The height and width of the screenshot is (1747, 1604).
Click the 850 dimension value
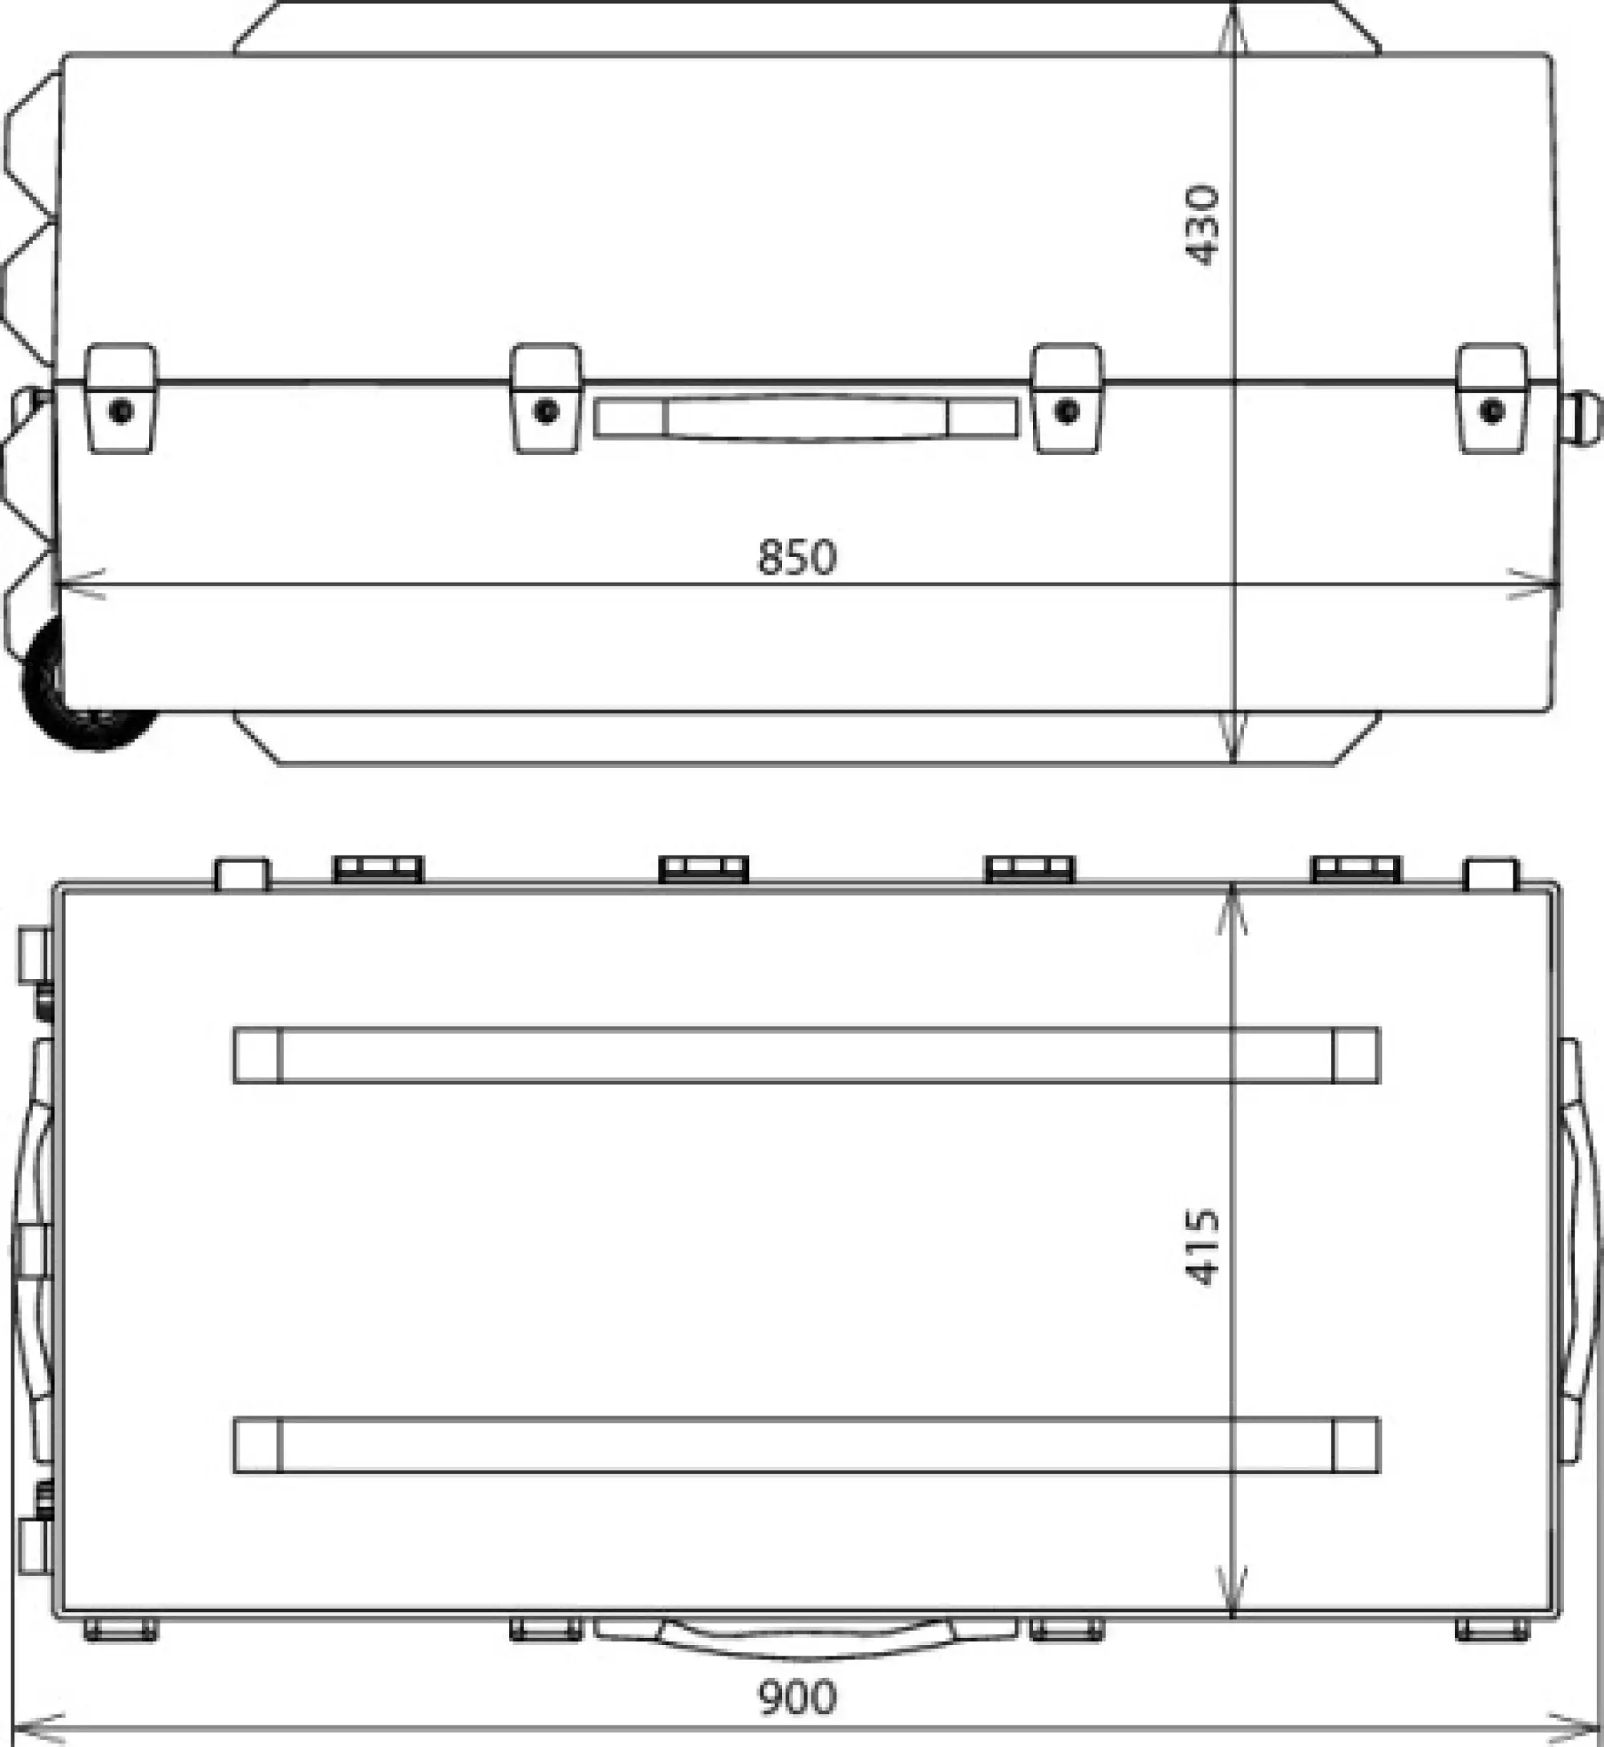(797, 559)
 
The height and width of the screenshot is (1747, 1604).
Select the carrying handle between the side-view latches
(805, 419)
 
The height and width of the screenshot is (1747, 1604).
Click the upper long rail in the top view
(805, 1055)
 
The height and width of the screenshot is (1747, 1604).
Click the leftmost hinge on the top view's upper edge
(379, 869)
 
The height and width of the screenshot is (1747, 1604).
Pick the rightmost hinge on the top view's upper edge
(1355, 869)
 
